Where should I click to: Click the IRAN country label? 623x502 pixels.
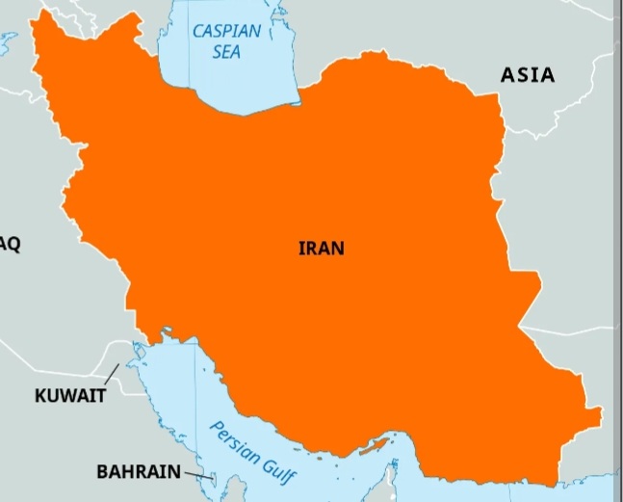(321, 248)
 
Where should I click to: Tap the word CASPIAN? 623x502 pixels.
(226, 31)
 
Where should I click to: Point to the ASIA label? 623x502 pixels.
(527, 74)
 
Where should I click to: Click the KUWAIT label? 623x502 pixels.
(70, 395)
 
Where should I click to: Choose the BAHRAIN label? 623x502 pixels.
(138, 472)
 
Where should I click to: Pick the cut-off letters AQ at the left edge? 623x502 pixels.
(10, 245)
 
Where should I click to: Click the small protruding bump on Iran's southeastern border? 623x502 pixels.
(594, 415)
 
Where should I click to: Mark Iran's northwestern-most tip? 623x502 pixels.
(39, 14)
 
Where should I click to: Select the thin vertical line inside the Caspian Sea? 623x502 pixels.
(214, 67)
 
